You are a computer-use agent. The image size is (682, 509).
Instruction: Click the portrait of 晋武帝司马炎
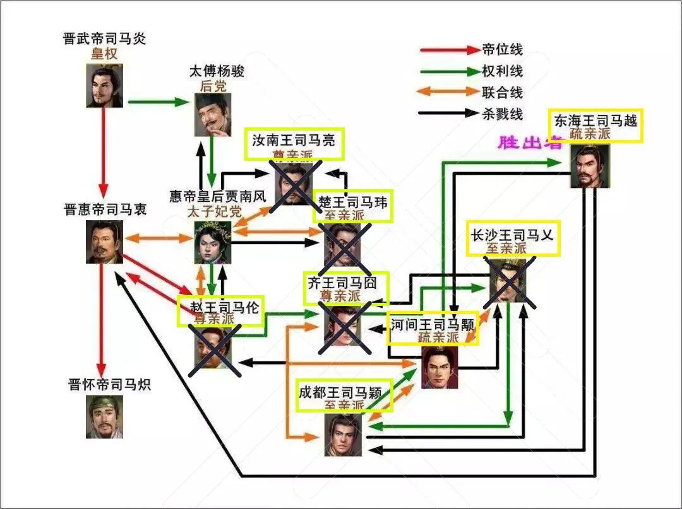tap(104, 85)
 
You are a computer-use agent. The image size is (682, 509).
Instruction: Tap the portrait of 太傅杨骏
tap(213, 114)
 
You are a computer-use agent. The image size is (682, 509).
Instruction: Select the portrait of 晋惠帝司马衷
tap(104, 242)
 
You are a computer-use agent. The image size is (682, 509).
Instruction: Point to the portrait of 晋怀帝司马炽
tap(104, 417)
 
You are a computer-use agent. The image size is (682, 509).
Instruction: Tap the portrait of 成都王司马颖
tap(344, 435)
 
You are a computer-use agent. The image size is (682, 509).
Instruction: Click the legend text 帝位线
tap(502, 50)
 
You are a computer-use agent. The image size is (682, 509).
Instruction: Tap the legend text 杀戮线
tap(502, 114)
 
